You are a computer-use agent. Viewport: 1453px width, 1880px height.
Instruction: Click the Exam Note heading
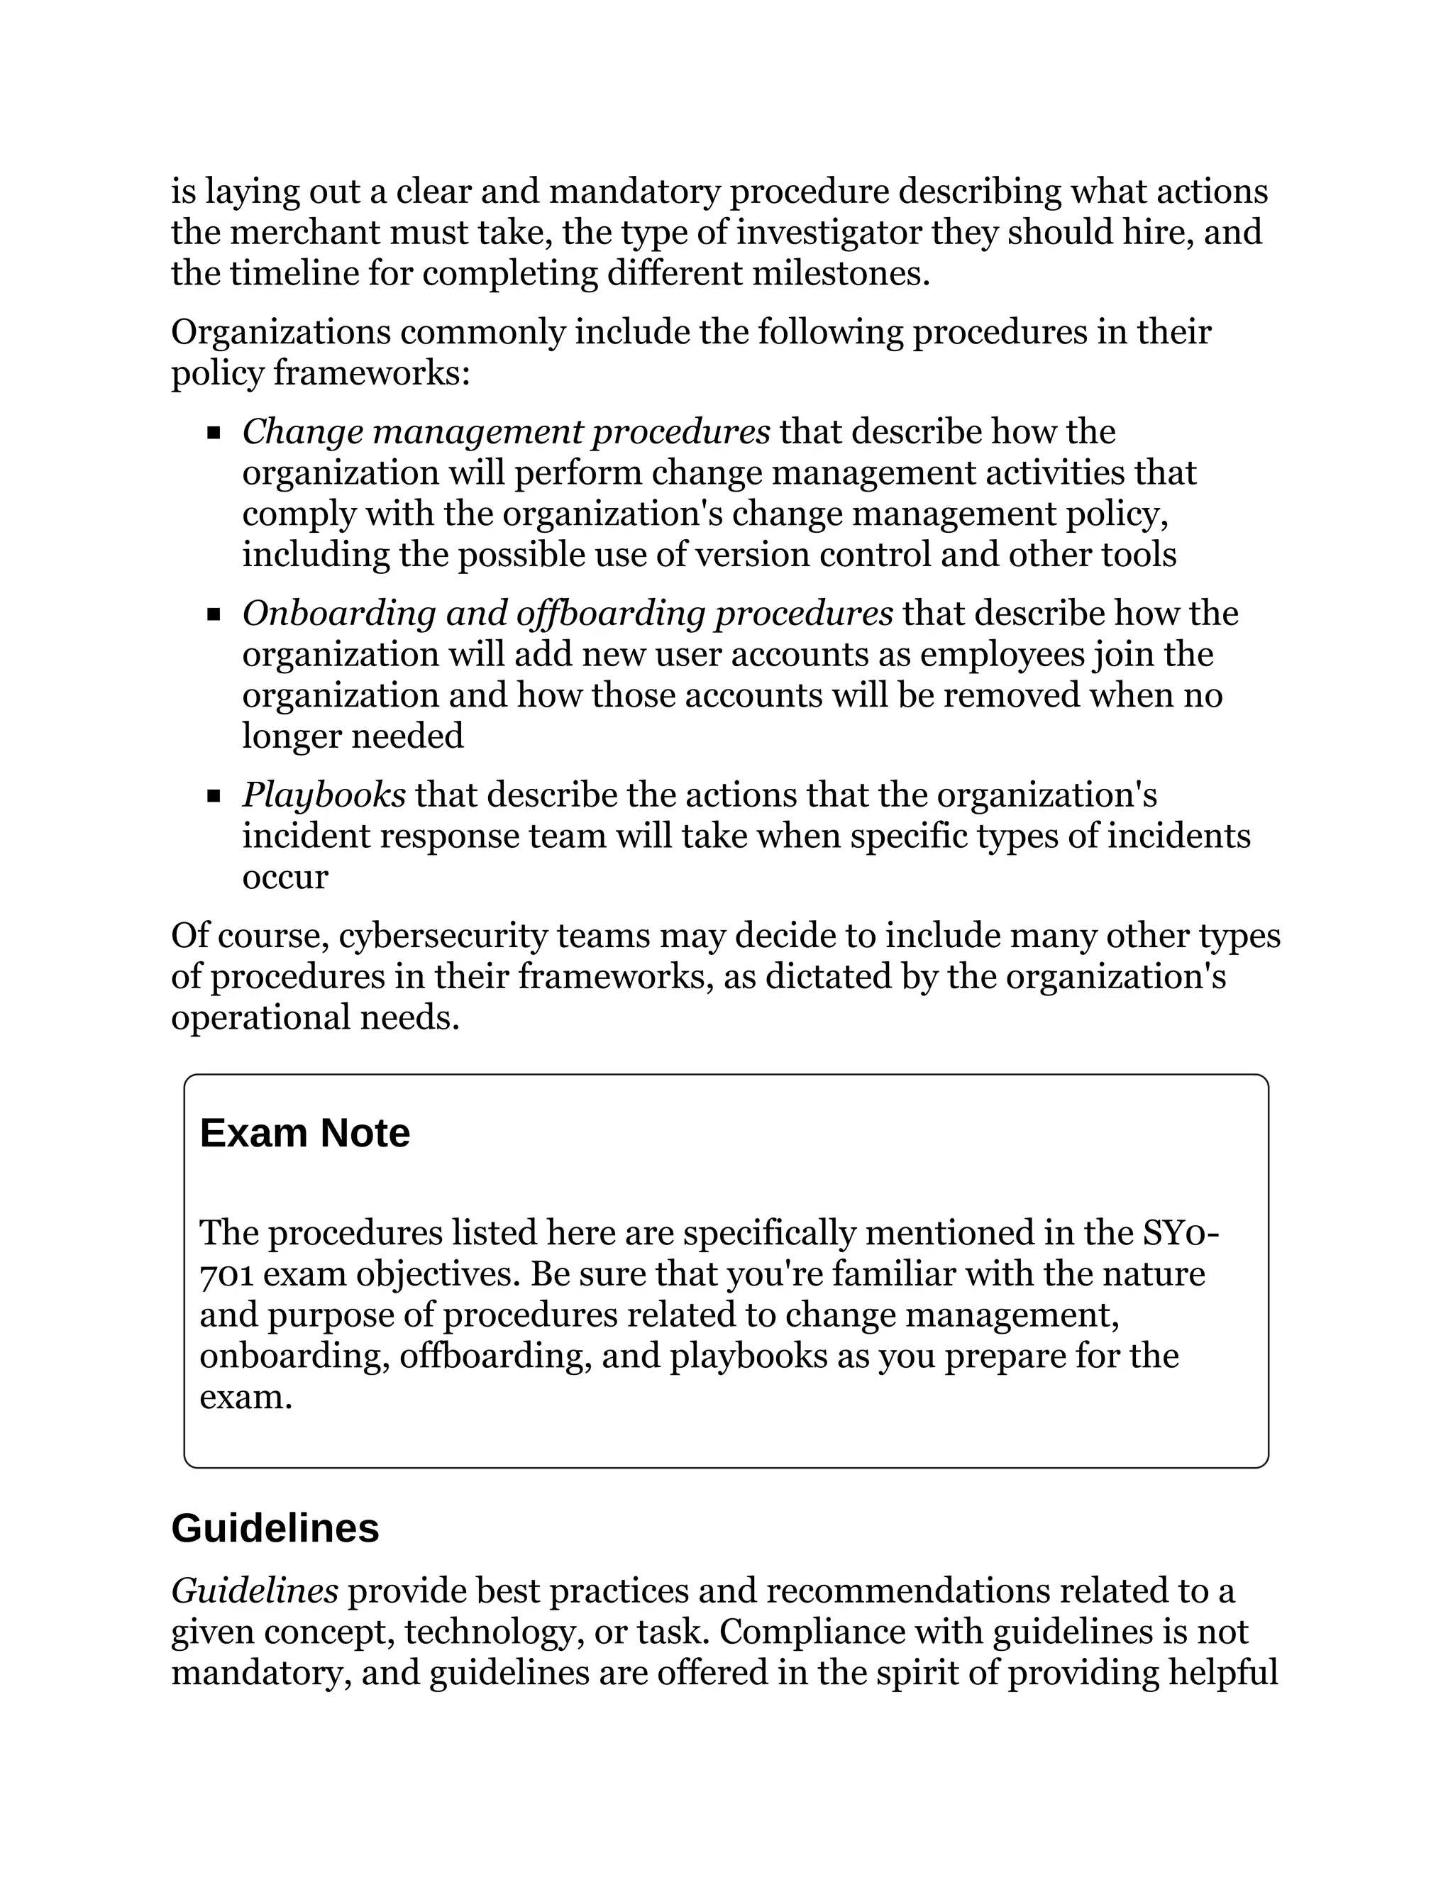[x=304, y=1134]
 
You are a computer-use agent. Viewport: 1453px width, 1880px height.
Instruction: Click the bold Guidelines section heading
[x=275, y=1529]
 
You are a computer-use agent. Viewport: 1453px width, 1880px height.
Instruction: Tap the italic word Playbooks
[x=324, y=795]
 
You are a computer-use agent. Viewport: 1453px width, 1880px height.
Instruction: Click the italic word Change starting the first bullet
[x=302, y=432]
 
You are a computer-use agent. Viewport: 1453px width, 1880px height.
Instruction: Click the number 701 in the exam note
[x=226, y=1275]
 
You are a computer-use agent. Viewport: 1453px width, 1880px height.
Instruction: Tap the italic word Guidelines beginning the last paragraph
[x=255, y=1592]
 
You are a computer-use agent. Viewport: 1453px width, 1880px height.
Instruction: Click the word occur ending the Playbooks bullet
[x=285, y=877]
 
